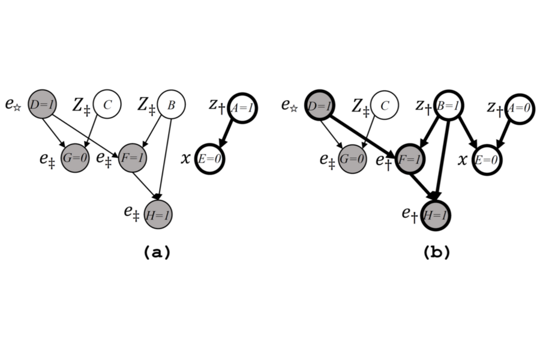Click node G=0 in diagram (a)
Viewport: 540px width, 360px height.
click(x=74, y=160)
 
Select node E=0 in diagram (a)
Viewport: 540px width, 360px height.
click(x=209, y=160)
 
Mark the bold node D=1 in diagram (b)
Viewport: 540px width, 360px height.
click(x=319, y=106)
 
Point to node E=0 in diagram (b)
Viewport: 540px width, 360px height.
click(x=486, y=160)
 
